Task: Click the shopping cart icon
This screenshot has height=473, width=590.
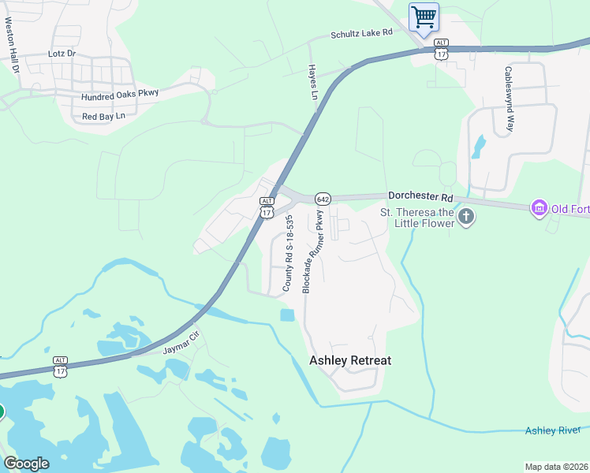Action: point(424,17)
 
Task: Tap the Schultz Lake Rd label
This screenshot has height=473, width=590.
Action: point(361,34)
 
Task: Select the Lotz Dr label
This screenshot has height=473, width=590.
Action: point(61,54)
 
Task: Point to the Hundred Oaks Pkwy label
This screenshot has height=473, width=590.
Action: point(120,94)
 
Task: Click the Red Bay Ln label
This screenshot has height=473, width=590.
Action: point(103,117)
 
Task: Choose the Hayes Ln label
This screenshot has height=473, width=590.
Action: point(313,81)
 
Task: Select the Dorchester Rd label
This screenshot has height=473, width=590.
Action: point(420,197)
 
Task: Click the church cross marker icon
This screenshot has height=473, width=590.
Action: point(466,217)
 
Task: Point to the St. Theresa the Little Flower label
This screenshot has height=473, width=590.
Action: point(417,217)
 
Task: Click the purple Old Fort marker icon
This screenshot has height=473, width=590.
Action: point(540,208)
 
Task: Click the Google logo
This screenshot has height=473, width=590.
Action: point(26,464)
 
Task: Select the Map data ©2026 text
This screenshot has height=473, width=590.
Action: point(557,467)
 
